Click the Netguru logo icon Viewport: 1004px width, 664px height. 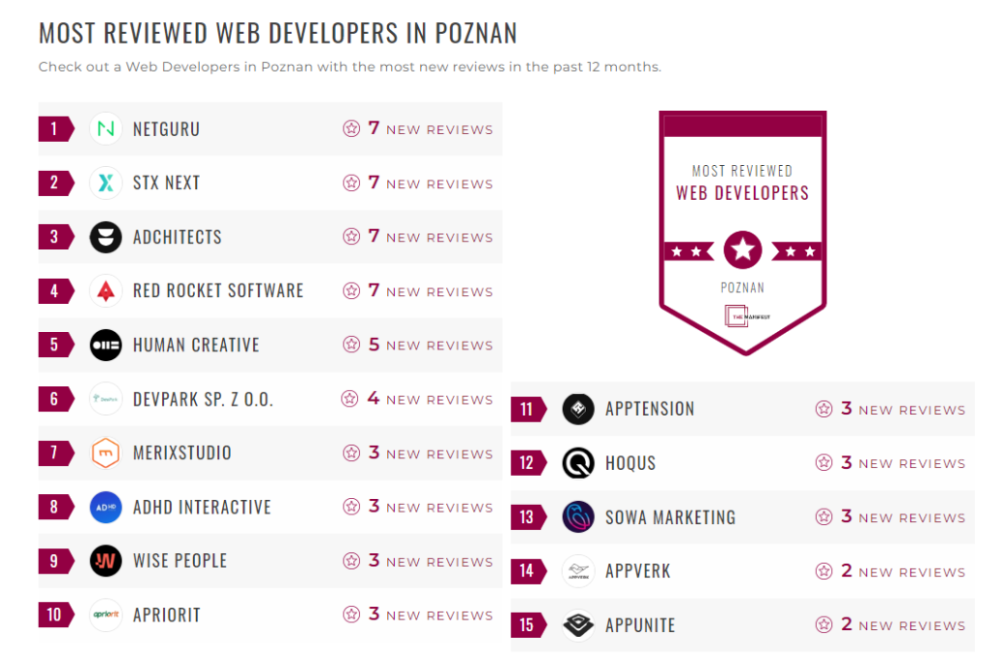(105, 128)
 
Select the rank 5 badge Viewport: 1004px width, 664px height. (55, 345)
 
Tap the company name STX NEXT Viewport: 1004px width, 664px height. (166, 182)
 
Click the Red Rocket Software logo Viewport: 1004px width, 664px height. (105, 290)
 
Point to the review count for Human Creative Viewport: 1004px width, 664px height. (374, 345)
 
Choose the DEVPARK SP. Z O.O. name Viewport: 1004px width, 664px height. (203, 399)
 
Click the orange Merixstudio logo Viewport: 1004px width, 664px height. (105, 453)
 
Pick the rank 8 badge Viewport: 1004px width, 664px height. (55, 507)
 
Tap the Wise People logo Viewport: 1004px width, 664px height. (105, 561)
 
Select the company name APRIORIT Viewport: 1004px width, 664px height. (166, 615)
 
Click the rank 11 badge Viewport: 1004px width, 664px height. (527, 409)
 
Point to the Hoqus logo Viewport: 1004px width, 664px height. (578, 463)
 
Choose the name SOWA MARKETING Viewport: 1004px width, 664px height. (670, 517)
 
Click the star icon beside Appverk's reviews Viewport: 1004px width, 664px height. (823, 571)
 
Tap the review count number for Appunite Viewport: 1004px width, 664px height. (847, 624)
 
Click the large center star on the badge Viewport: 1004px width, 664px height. (742, 250)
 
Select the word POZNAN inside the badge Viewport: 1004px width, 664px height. (742, 288)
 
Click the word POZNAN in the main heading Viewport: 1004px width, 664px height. (476, 33)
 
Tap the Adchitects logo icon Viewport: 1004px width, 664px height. (105, 236)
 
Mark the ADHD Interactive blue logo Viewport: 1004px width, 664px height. (105, 507)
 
